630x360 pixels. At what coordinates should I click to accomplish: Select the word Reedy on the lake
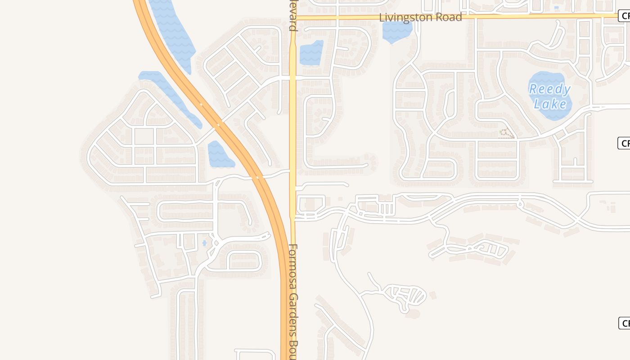click(x=550, y=89)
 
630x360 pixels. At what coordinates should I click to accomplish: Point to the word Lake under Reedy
click(x=550, y=104)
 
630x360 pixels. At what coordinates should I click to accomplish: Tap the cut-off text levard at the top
click(x=293, y=16)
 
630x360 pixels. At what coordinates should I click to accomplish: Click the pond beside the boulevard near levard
click(x=311, y=53)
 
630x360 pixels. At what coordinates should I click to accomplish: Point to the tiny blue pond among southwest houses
click(x=204, y=243)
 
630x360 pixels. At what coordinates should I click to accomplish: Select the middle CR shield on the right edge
click(x=625, y=144)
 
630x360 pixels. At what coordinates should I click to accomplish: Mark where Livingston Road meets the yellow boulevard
click(x=293, y=18)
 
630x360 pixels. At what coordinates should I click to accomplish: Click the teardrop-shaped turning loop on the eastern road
click(x=521, y=204)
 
